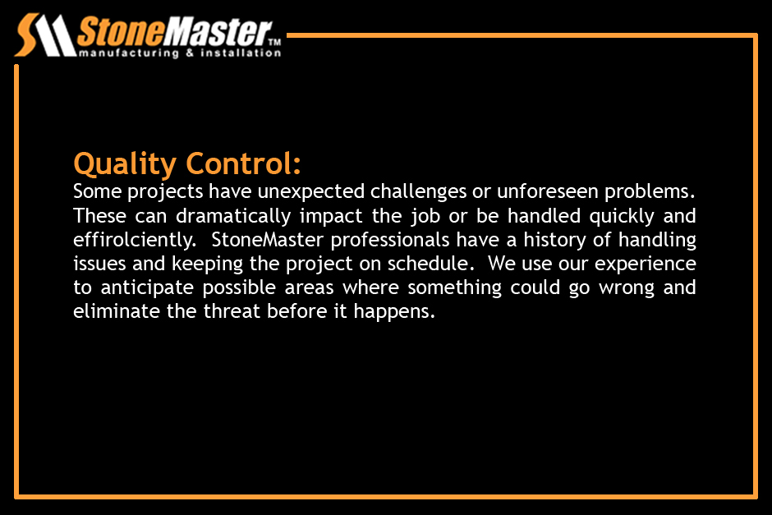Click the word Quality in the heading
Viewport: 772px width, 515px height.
tap(125, 164)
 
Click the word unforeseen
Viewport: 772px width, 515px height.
tap(548, 191)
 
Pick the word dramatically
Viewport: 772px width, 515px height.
tap(233, 217)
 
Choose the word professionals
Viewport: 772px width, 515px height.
tap(390, 241)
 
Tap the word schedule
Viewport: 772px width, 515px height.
tap(427, 264)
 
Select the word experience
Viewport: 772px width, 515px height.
tap(646, 264)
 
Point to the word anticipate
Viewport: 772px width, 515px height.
tap(147, 288)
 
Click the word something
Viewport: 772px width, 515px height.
tap(454, 288)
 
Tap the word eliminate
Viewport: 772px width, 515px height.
tap(117, 311)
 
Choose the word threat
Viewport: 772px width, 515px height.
tap(232, 311)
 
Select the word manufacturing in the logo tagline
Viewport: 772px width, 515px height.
tap(129, 53)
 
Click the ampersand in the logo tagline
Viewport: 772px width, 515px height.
tap(190, 53)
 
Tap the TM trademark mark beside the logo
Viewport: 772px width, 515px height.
tap(275, 43)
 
